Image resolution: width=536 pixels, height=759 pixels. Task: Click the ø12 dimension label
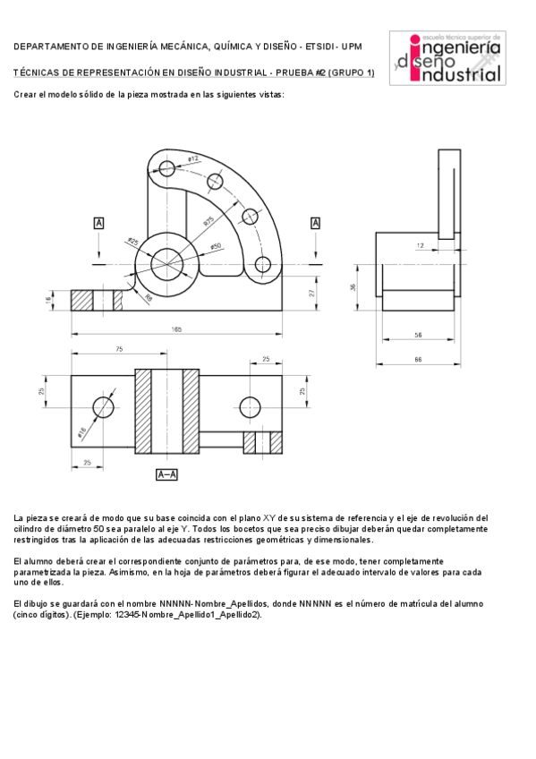192,158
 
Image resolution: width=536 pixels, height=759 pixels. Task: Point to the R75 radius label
208,220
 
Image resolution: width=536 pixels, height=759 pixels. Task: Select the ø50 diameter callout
216,245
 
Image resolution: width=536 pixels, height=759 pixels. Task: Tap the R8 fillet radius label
149,299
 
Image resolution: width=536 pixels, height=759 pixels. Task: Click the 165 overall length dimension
177,329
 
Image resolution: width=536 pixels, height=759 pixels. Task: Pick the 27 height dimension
312,292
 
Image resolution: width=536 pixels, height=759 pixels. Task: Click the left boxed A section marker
98,223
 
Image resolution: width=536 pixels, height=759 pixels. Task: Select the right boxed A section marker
315,223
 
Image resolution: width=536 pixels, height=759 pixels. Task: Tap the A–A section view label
167,474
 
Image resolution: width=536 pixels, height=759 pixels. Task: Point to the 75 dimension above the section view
118,348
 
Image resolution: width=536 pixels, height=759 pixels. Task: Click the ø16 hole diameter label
82,433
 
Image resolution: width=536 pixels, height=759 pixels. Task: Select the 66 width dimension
418,359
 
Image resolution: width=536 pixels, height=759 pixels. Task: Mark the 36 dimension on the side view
353,287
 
